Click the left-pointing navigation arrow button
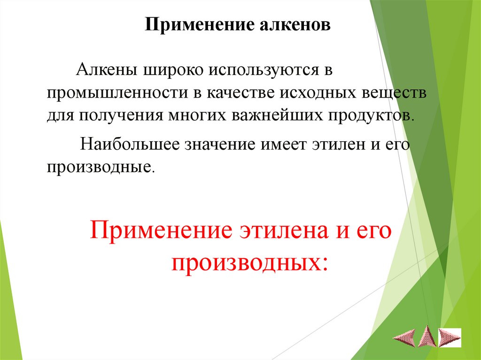pos(404,337)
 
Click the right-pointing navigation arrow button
pos(449,337)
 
